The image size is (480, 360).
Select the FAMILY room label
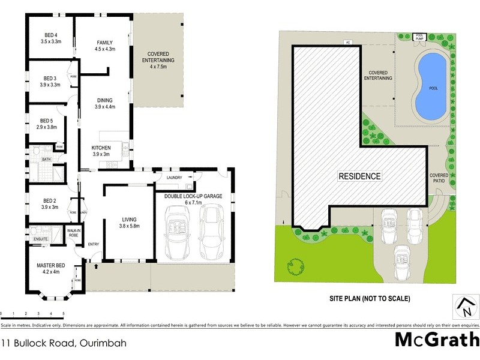pyautogui.click(x=105, y=42)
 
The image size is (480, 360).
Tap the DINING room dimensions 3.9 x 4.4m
pyautogui.click(x=104, y=107)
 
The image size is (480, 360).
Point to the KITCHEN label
pyautogui.click(x=100, y=148)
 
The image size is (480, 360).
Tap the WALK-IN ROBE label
pyautogui.click(x=74, y=232)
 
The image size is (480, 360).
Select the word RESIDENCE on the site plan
pyautogui.click(x=360, y=176)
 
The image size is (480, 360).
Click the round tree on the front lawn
pyautogui.click(x=296, y=264)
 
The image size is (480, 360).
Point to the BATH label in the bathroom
pyautogui.click(x=46, y=159)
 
